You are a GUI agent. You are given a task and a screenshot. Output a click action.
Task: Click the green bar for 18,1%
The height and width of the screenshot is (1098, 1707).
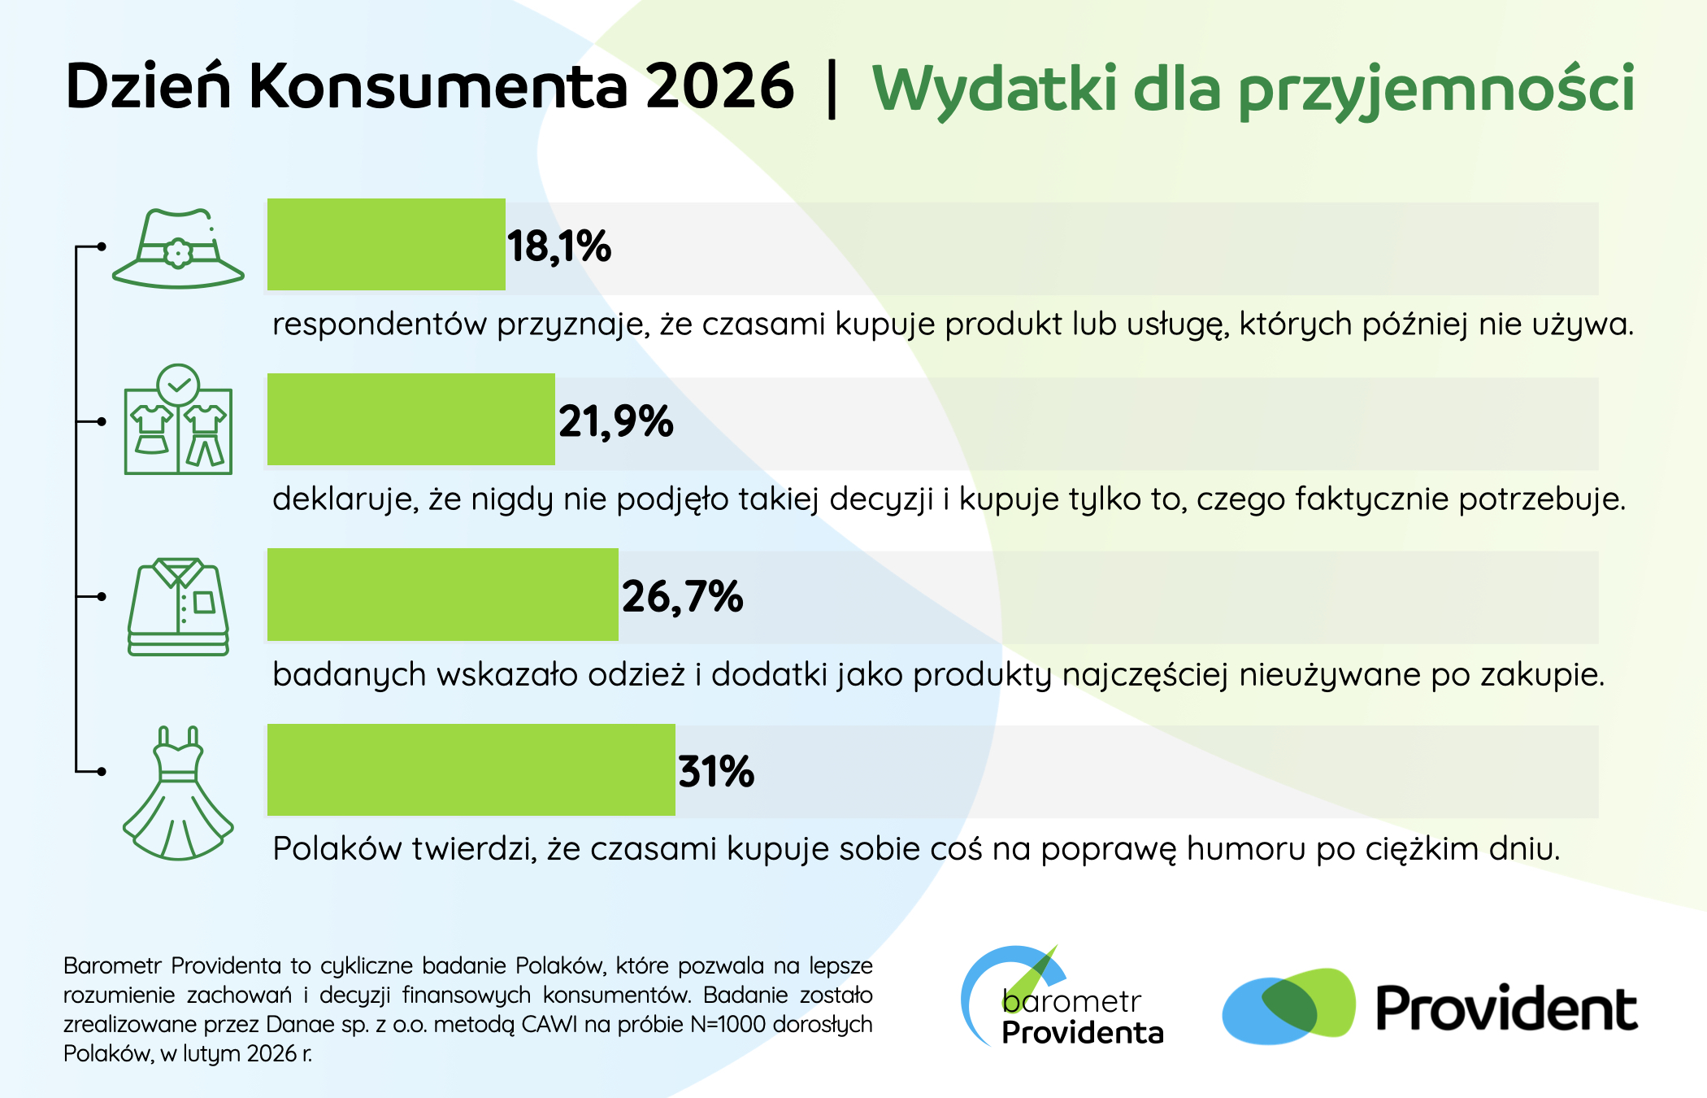(x=386, y=244)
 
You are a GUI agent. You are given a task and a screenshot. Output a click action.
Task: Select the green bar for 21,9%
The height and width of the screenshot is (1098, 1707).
(x=411, y=420)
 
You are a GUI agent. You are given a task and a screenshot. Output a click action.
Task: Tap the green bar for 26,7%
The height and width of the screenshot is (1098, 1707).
(x=443, y=595)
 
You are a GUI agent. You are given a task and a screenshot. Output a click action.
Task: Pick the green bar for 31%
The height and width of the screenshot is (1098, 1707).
(x=471, y=769)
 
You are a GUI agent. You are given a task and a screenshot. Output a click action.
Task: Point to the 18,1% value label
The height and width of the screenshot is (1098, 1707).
(x=559, y=246)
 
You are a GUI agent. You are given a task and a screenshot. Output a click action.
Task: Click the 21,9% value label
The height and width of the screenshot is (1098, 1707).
(x=616, y=422)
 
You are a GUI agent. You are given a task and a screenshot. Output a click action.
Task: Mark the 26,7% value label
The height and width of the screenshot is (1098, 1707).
(x=683, y=597)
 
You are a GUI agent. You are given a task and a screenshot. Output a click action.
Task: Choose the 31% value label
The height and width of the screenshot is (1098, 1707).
(x=716, y=771)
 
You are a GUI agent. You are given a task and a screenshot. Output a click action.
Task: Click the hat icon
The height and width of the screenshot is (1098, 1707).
(x=178, y=249)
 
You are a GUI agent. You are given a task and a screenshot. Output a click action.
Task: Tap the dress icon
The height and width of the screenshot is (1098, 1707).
(x=178, y=793)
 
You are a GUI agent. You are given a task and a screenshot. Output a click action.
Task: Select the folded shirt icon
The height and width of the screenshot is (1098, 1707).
(x=178, y=607)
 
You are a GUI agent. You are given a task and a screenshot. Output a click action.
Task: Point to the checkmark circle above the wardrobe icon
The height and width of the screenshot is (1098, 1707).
(x=178, y=385)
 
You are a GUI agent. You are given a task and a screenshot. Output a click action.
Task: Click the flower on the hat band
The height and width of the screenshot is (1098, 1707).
(x=177, y=253)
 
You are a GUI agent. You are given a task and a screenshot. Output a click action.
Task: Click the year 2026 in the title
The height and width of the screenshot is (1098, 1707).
(x=720, y=85)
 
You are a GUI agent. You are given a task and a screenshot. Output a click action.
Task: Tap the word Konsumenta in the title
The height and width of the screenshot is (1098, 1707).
(x=438, y=85)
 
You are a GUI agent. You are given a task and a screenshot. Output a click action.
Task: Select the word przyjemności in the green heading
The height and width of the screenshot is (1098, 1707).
(x=1436, y=89)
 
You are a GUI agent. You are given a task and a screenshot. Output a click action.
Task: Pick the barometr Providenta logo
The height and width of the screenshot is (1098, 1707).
(x=1062, y=996)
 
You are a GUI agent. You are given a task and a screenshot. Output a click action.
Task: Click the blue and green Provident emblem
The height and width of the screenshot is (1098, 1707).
(x=1289, y=1006)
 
